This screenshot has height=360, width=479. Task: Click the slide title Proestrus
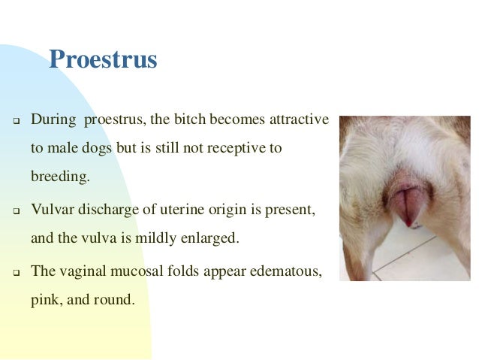tap(103, 59)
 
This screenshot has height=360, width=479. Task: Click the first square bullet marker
tap(14, 121)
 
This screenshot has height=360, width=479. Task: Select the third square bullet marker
tap(14, 271)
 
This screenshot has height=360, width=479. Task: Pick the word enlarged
tap(212, 239)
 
